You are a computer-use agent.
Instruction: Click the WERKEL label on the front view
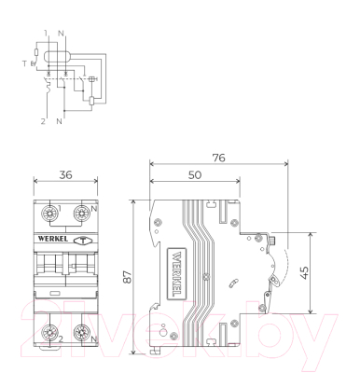click(50, 240)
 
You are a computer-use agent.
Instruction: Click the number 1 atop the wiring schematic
click(44, 32)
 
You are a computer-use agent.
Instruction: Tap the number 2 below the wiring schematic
click(44, 119)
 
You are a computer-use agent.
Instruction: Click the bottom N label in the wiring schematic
click(61, 119)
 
